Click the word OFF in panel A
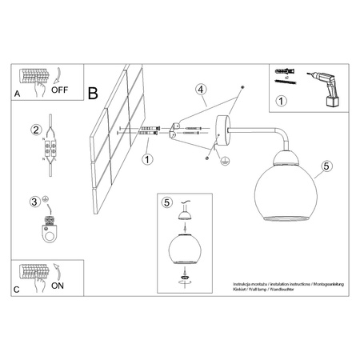pyautogui.click(x=61, y=90)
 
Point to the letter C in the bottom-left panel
pyautogui.click(x=17, y=290)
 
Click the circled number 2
pyautogui.click(x=35, y=130)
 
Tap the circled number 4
pyautogui.click(x=202, y=90)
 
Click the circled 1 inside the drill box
pyautogui.click(x=280, y=102)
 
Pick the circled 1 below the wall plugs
pyautogui.click(x=147, y=159)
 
